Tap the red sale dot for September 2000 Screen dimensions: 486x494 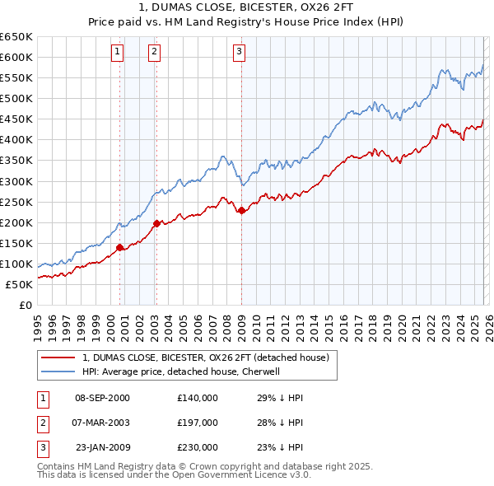pos(120,246)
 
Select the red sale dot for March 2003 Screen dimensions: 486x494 pos(156,222)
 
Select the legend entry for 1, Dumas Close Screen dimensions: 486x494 pos(205,357)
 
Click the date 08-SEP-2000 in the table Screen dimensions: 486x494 pos(102,398)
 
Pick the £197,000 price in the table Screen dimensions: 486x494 pos(197,423)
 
